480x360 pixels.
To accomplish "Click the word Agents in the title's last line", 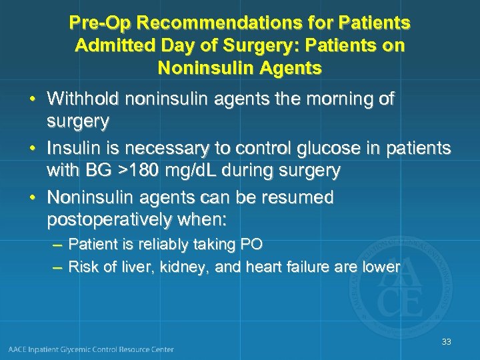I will click(293, 68).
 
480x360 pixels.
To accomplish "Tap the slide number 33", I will click(446, 342).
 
